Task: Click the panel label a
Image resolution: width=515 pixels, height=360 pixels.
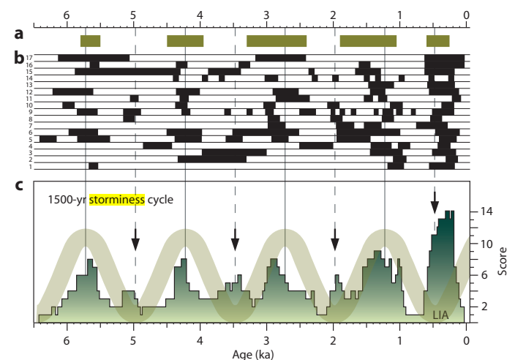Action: pos(19,34)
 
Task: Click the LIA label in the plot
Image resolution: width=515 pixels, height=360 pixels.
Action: pos(441,315)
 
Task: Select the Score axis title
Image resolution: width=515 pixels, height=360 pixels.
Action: pos(503,259)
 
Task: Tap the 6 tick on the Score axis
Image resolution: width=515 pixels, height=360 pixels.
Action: pos(484,275)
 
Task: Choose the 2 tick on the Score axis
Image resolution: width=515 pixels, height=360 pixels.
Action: pos(484,307)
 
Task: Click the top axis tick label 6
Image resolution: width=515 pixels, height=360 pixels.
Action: pos(67,14)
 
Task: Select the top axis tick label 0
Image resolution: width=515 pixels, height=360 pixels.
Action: pos(467,14)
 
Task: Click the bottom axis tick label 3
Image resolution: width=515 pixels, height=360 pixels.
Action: pos(266,340)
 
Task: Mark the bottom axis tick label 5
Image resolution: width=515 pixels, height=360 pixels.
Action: pos(133,340)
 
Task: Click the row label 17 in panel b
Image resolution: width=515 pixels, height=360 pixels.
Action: pos(29,58)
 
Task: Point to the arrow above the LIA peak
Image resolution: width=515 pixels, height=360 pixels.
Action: pos(435,199)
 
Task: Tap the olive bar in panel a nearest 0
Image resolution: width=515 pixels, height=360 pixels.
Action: pos(437,41)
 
